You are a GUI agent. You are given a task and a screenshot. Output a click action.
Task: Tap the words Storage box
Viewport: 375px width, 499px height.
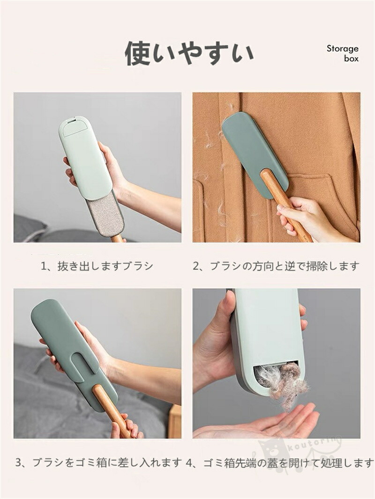pos(343,53)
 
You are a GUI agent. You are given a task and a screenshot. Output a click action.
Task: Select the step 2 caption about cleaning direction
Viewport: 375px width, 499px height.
pos(276,266)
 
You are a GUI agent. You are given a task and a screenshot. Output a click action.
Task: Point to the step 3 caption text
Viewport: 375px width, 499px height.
pos(98,462)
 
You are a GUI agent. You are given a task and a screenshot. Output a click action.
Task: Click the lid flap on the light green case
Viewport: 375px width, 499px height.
pos(74,127)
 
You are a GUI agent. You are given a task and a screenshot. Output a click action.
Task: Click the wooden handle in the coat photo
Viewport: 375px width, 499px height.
pos(284,204)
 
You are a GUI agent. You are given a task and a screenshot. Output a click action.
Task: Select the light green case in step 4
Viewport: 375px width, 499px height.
pos(268,340)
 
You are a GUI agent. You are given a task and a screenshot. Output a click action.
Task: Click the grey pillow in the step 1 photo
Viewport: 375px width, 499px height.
pos(30,227)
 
